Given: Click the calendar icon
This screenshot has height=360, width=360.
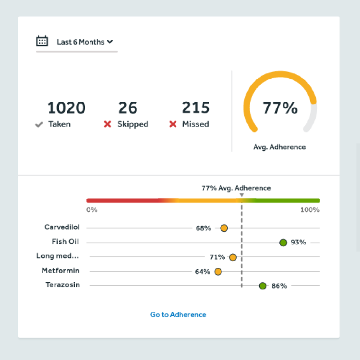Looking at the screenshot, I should [x=42, y=41].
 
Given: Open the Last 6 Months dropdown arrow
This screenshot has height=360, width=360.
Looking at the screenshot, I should [x=110, y=42].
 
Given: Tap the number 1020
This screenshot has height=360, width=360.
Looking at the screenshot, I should [x=66, y=108].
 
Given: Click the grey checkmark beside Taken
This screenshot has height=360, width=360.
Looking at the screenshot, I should [x=39, y=124].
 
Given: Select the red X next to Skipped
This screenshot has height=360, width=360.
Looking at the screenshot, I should [x=108, y=124].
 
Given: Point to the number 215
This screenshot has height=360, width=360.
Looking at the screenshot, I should [x=195, y=108].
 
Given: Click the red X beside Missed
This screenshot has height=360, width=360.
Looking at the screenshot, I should [x=173, y=124].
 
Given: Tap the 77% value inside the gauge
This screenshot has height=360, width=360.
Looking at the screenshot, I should [x=280, y=108].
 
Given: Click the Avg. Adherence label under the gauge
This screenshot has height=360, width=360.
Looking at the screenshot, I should [x=279, y=147].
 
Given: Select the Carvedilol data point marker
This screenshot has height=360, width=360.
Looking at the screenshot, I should [x=224, y=228].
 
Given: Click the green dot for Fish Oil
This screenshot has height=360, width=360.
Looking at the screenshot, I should [x=283, y=242].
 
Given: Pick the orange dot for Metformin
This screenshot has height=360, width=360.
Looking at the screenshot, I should [x=218, y=272].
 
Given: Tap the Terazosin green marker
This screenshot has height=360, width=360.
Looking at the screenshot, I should [x=263, y=286].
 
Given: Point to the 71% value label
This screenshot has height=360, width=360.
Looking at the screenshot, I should [x=217, y=257].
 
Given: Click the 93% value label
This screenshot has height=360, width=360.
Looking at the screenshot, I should [x=298, y=242].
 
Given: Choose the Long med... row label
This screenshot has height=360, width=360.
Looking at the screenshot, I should [x=58, y=256].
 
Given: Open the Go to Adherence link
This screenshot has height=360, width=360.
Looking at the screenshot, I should [x=178, y=315].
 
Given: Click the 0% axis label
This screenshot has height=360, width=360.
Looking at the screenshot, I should [x=92, y=210].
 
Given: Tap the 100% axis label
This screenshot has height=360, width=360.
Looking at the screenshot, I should [x=310, y=210].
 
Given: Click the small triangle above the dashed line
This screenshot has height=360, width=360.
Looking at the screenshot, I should [x=241, y=195].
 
